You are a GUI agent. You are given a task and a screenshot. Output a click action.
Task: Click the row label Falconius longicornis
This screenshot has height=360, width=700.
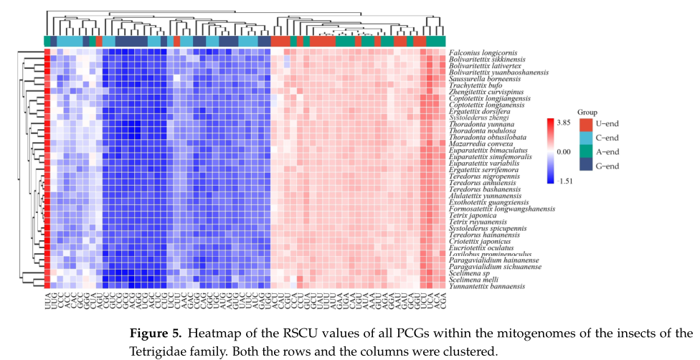[483, 53]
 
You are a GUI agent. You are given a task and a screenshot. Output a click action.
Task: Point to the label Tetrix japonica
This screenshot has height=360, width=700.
[471, 215]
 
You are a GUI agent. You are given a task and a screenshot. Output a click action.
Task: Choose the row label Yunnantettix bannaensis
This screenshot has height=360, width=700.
[486, 286]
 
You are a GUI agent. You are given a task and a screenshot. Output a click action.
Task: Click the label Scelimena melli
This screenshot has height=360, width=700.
[472, 280]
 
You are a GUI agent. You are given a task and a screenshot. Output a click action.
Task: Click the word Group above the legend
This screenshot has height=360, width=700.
[587, 113]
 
